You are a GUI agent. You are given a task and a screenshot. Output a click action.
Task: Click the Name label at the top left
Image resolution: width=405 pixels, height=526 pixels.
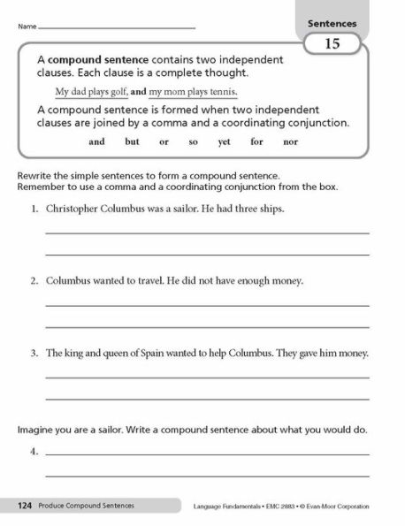click(x=25, y=27)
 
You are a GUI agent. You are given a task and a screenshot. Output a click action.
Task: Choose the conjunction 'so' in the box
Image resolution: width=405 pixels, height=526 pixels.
click(x=193, y=141)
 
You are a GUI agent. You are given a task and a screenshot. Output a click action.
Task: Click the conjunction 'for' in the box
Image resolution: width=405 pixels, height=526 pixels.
click(x=257, y=141)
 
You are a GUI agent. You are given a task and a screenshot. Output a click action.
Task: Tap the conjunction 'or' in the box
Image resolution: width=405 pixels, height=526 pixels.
click(x=164, y=141)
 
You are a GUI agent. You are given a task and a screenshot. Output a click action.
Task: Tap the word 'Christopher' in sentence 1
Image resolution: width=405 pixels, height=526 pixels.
click(x=75, y=210)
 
